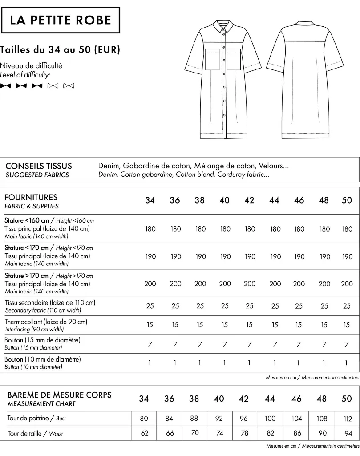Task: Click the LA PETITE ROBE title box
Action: click(x=61, y=20)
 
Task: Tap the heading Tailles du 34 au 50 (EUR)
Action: click(x=61, y=49)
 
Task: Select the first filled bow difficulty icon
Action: click(x=6, y=85)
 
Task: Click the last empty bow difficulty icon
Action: click(x=69, y=85)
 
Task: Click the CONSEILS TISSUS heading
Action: click(x=38, y=166)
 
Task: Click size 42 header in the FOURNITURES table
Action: click(x=249, y=200)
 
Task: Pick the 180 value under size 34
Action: click(x=150, y=229)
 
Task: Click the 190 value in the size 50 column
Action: click(x=347, y=256)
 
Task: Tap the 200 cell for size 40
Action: click(x=225, y=284)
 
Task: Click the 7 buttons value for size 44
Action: click(x=275, y=344)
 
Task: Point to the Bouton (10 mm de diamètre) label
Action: click(x=43, y=359)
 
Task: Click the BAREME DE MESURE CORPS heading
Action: click(x=60, y=395)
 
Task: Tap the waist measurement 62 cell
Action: click(x=143, y=433)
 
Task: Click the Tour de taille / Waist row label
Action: click(x=35, y=433)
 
